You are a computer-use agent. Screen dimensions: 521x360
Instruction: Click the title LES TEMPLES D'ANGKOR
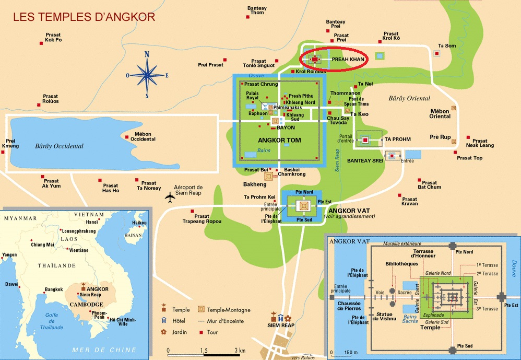(x=84, y=17)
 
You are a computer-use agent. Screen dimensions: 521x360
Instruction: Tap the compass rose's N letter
(x=147, y=54)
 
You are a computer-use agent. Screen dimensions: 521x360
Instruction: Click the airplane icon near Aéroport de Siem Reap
(x=170, y=197)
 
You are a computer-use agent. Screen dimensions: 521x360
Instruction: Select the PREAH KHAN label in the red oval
(x=348, y=60)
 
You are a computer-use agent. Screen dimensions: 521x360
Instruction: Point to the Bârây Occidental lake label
(x=59, y=146)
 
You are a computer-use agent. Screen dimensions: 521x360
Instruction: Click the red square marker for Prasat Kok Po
(x=41, y=43)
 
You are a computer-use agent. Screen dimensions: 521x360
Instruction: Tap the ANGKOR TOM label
(x=279, y=140)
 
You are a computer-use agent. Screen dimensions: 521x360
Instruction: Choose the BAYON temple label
(x=286, y=127)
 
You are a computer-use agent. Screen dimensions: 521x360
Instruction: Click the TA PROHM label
(x=398, y=140)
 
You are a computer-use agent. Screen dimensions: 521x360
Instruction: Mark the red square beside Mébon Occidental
(x=126, y=137)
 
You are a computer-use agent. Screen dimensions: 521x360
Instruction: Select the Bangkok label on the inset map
(x=54, y=289)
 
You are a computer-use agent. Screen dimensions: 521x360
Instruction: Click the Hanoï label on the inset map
(x=92, y=222)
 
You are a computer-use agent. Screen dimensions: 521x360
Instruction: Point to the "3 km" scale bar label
(x=240, y=351)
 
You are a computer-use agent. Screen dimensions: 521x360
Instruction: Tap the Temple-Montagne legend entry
(x=229, y=310)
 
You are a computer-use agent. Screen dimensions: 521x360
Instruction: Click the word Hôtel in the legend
(x=179, y=321)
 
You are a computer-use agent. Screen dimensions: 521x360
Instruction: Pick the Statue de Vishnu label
(x=384, y=317)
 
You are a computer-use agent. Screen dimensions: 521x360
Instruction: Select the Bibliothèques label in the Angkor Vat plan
(x=402, y=264)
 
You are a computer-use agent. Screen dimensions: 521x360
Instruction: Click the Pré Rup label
(x=440, y=137)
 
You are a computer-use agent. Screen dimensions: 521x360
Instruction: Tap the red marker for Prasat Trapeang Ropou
(x=192, y=211)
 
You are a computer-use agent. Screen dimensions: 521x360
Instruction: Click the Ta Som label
(x=447, y=46)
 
